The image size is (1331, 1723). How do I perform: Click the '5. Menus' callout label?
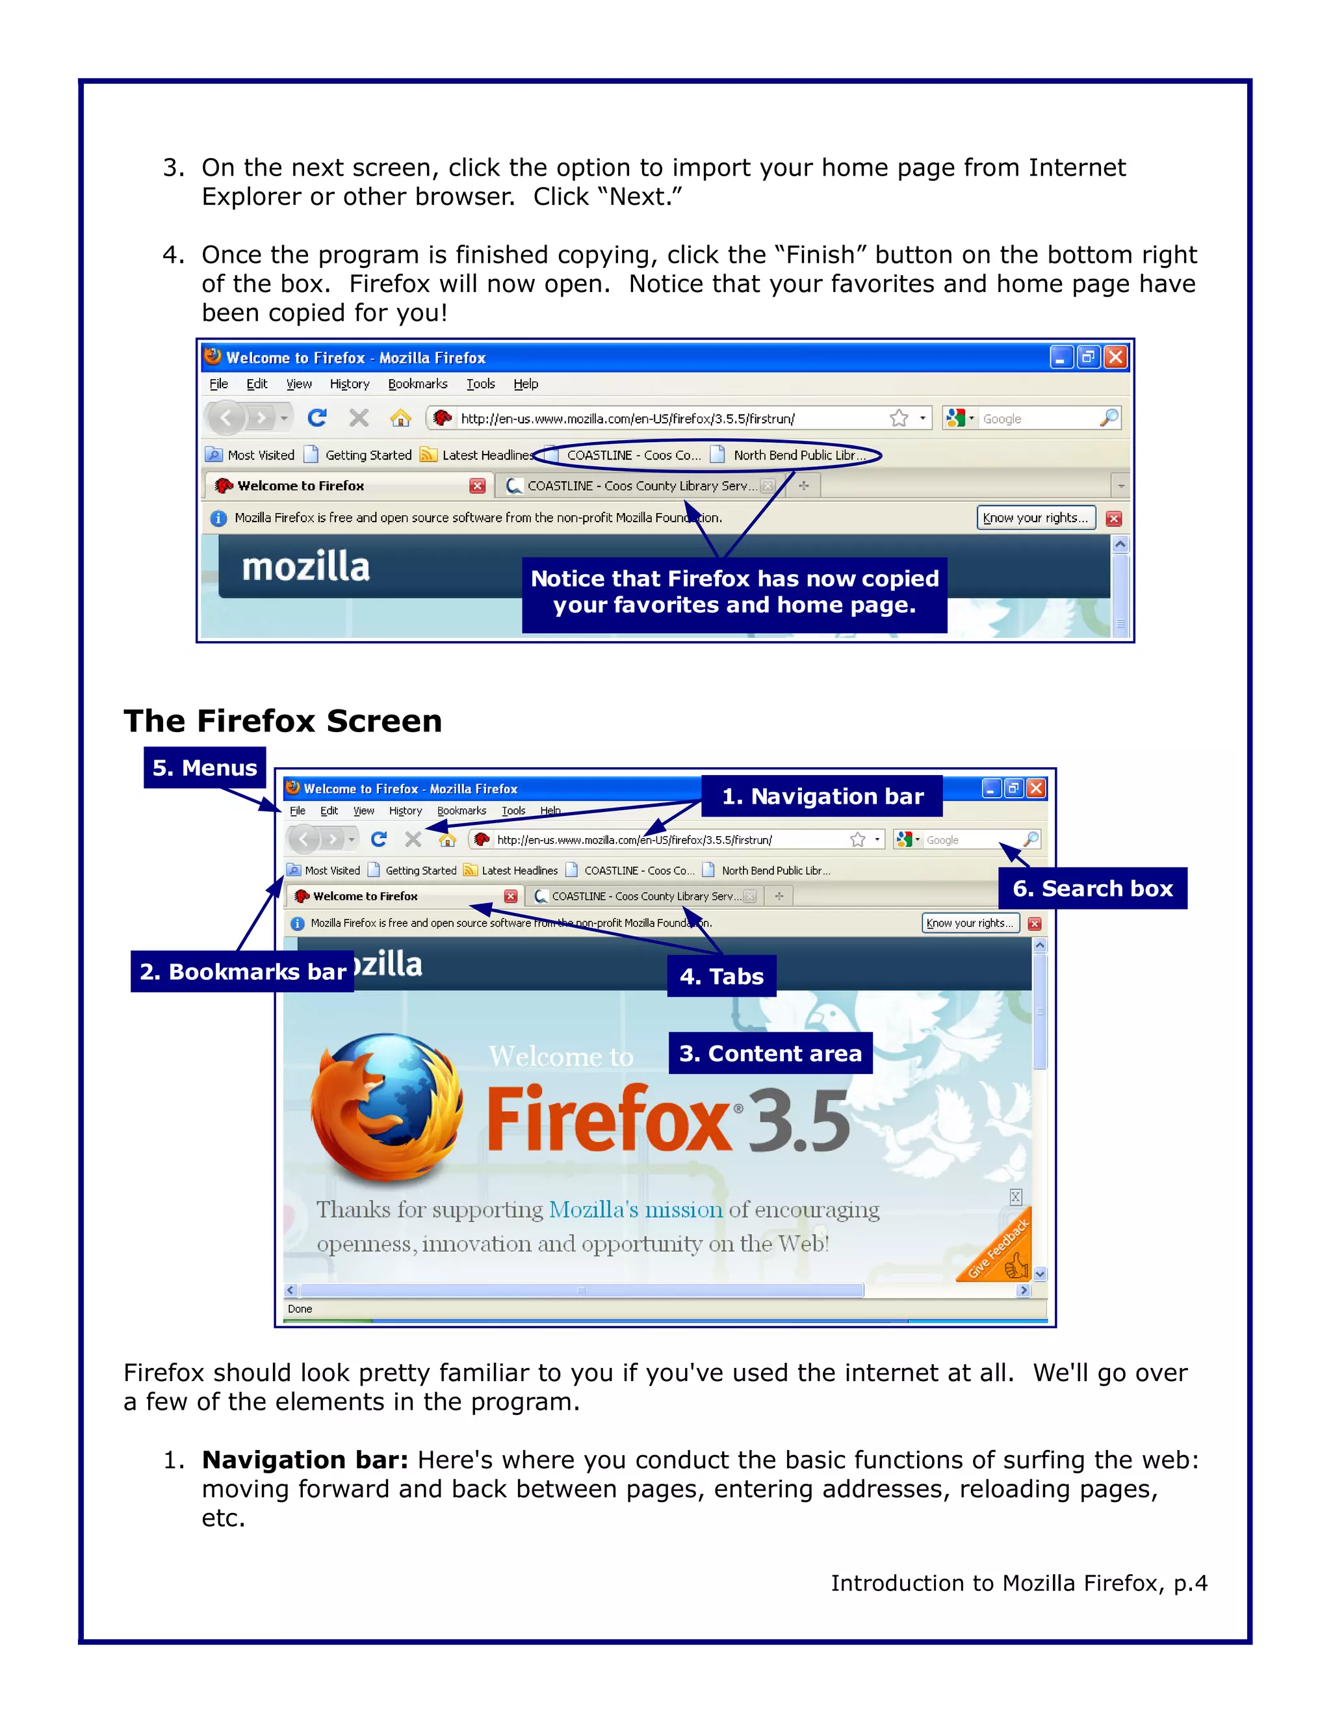(x=204, y=768)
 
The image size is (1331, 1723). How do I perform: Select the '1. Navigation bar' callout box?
(x=821, y=796)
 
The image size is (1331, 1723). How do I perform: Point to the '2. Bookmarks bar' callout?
(x=242, y=971)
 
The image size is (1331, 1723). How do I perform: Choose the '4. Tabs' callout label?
(x=721, y=976)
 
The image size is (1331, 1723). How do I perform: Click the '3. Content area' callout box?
(x=770, y=1053)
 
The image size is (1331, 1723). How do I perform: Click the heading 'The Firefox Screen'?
(x=282, y=721)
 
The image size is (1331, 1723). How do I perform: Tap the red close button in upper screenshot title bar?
(x=1115, y=358)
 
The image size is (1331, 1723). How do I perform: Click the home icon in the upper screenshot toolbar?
(x=400, y=418)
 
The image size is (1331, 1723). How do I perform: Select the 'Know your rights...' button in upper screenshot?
(x=1035, y=518)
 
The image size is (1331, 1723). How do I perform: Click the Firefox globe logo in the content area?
(x=387, y=1109)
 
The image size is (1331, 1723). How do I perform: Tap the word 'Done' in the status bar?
(x=300, y=1309)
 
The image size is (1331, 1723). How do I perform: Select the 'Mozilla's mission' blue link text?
(x=635, y=1209)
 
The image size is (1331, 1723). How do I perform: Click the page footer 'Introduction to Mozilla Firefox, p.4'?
(x=1019, y=1583)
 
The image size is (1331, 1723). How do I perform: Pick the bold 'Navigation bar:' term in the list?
(x=304, y=1460)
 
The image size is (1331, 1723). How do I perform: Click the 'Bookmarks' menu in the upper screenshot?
(x=417, y=384)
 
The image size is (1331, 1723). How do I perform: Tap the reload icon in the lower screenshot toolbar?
(x=378, y=839)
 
